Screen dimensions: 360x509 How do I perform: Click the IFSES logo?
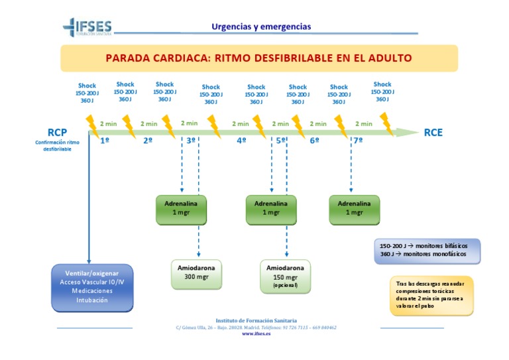[x=87, y=27]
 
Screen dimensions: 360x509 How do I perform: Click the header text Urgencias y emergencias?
[x=260, y=27]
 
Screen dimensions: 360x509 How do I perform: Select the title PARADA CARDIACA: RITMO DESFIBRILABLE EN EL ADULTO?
[x=258, y=58]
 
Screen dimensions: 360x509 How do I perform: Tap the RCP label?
[x=58, y=133]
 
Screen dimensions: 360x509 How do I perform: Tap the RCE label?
[x=433, y=133]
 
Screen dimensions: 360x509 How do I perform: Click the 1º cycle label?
[x=105, y=141]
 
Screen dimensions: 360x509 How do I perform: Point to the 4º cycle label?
[x=241, y=141]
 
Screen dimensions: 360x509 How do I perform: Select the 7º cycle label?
[x=358, y=141]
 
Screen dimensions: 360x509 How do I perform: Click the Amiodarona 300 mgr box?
[x=197, y=272]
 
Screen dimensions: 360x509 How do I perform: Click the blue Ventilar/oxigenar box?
[x=92, y=286]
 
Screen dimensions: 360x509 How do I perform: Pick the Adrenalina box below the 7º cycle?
[x=355, y=208]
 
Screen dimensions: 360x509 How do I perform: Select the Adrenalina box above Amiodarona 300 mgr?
[x=181, y=208]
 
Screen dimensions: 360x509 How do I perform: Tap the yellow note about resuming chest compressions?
[x=431, y=295]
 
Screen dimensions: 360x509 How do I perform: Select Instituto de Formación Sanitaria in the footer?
[x=256, y=320]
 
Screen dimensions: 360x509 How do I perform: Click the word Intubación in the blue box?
[x=92, y=300]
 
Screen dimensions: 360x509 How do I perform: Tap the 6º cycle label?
[x=315, y=141]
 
